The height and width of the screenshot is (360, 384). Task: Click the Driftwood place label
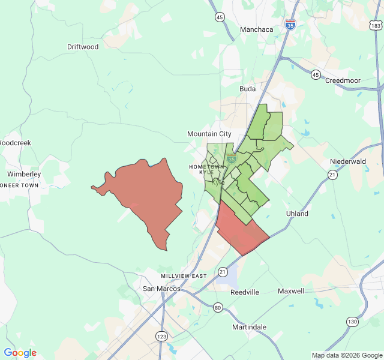pyautogui.click(x=83, y=47)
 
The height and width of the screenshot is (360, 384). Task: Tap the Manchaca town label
pyautogui.click(x=256, y=29)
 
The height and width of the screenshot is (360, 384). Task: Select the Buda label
pyautogui.click(x=247, y=89)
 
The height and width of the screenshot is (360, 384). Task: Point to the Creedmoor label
pyautogui.click(x=346, y=80)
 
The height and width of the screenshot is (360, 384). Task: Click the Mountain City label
pyautogui.click(x=209, y=134)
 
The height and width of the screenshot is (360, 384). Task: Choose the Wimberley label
pyautogui.click(x=24, y=174)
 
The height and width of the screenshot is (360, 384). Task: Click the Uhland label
pyautogui.click(x=297, y=214)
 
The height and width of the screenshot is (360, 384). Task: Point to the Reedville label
pyautogui.click(x=245, y=292)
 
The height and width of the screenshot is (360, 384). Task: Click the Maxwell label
pyautogui.click(x=291, y=291)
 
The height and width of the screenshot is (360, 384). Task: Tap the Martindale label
pyautogui.click(x=249, y=327)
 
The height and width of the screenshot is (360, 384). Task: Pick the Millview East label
pyautogui.click(x=184, y=276)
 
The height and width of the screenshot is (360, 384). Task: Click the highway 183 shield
pyautogui.click(x=376, y=26)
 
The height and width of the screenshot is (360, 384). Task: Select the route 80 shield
pyautogui.click(x=217, y=308)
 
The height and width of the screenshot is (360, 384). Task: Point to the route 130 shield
pyautogui.click(x=352, y=322)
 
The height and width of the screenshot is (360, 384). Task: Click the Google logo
pyautogui.click(x=20, y=353)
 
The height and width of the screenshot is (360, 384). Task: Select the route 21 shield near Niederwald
pyautogui.click(x=332, y=174)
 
